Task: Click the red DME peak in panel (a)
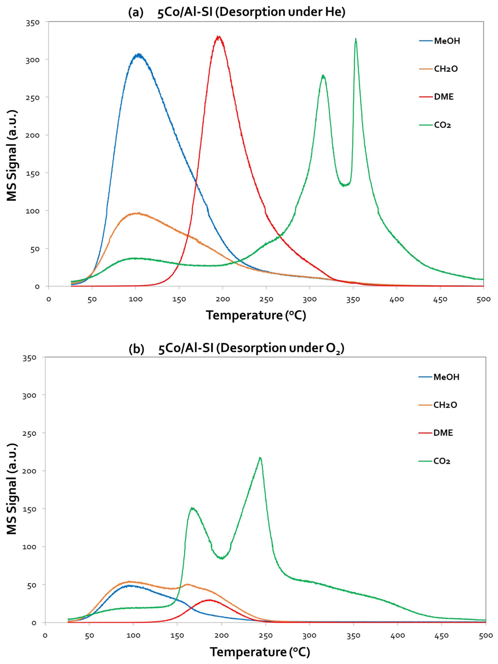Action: click(x=219, y=37)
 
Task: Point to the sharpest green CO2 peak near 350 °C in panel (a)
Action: click(x=356, y=39)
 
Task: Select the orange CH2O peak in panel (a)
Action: click(x=138, y=213)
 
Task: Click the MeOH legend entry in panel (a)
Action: click(x=447, y=41)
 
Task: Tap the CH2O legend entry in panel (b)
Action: click(x=445, y=405)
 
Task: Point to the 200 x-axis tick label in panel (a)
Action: click(x=223, y=299)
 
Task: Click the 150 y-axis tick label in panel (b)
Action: click(x=29, y=509)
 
